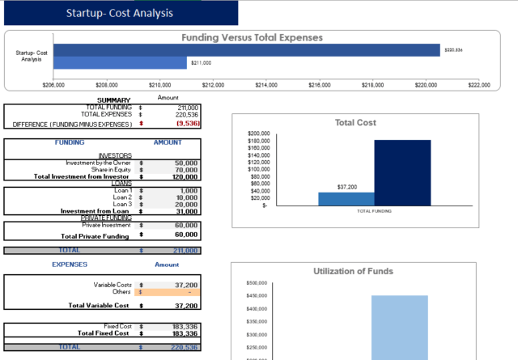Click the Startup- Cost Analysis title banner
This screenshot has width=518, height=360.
119,13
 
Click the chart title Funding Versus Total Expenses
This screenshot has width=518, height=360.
252,37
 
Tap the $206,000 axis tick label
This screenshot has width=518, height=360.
53,83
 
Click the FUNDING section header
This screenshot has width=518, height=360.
70,142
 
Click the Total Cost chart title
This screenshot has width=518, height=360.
357,123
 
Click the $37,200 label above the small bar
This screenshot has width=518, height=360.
346,187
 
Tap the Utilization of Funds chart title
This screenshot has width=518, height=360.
353,271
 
